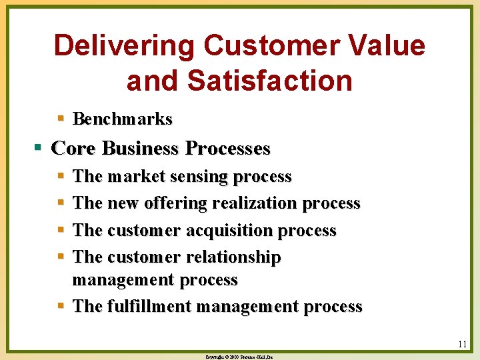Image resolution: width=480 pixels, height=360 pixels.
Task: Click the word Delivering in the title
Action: (124, 46)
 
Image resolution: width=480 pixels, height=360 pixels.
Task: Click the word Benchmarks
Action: (122, 119)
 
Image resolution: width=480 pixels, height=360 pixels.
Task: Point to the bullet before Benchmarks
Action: (60, 119)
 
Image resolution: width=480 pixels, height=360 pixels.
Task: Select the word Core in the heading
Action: (71, 148)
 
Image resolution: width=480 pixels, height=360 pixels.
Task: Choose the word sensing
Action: (195, 177)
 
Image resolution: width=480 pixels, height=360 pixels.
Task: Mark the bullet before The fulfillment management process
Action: (60, 307)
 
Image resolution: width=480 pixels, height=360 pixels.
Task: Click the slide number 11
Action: (462, 345)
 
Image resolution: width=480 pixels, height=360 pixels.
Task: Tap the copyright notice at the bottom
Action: (239, 357)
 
